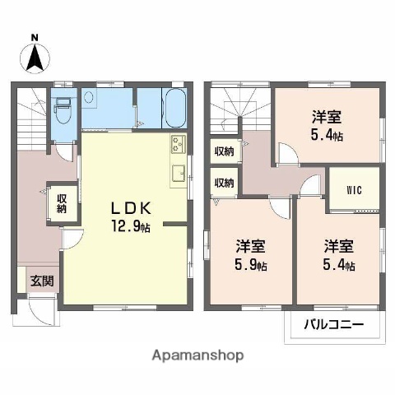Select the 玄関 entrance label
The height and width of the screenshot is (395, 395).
coord(43,281)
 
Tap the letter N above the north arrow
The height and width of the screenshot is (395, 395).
coord(35,38)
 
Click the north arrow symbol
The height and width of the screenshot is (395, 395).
coord(35,58)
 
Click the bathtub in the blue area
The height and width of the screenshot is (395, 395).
coord(172,108)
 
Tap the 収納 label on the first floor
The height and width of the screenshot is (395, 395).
coord(62,203)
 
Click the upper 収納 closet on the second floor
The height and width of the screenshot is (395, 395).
coord(224,151)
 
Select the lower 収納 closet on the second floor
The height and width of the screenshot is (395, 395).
coord(224,183)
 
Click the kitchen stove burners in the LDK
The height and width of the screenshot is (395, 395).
coord(177,146)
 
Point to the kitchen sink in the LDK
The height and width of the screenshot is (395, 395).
coord(177,174)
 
